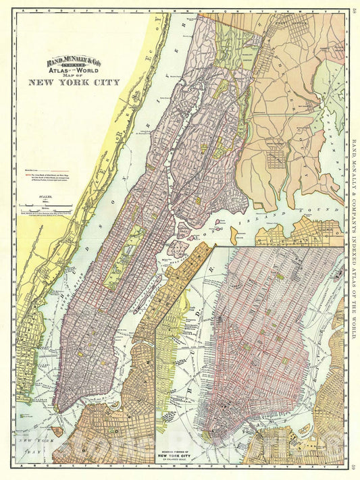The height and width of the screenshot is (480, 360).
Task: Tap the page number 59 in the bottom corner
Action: (354, 471)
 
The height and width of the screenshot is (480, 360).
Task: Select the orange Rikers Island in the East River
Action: (237, 234)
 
